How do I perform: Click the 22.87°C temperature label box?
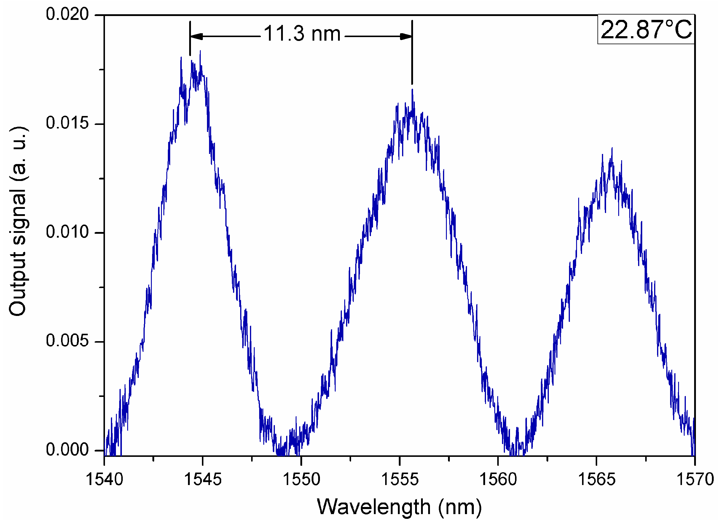click(646, 29)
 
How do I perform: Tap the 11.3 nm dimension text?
click(302, 34)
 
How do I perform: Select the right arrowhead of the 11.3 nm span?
click(406, 36)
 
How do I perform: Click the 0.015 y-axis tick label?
click(67, 123)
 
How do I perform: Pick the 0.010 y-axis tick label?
click(67, 232)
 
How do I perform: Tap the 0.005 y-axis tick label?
click(67, 341)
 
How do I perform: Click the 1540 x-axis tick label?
click(104, 479)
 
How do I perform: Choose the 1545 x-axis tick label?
click(203, 479)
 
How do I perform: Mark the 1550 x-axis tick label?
click(301, 479)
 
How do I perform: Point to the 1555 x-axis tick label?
click(399, 479)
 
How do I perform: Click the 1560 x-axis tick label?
click(498, 479)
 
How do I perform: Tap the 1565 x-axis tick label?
click(596, 479)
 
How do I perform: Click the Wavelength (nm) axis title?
click(399, 507)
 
